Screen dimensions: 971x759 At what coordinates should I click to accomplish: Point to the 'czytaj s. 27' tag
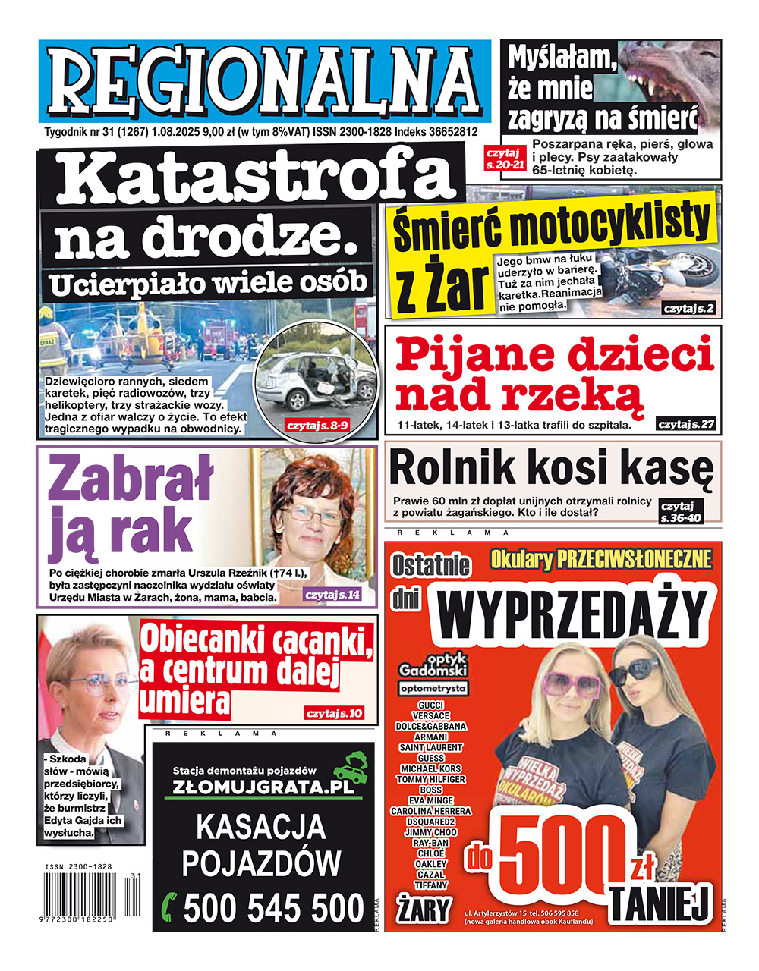pos(687,424)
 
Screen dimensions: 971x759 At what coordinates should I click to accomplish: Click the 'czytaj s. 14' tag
pos(332,595)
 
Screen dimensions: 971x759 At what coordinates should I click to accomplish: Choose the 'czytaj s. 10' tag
pos(335,713)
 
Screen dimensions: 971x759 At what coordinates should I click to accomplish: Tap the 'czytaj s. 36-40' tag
pos(681,511)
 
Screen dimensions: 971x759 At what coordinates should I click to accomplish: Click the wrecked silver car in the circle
pos(317,383)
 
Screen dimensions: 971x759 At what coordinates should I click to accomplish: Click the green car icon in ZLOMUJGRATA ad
pos(351,766)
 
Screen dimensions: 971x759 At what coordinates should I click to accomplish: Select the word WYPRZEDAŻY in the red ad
pos(575,615)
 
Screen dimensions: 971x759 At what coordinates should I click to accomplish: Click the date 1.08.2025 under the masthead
pos(175,132)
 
